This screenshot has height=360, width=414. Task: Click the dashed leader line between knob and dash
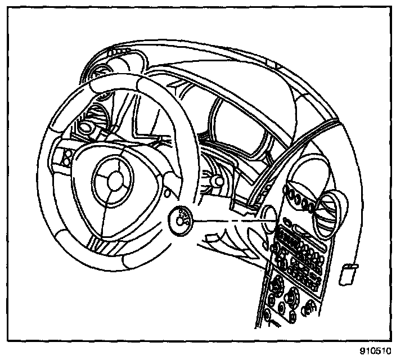pos(225,218)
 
